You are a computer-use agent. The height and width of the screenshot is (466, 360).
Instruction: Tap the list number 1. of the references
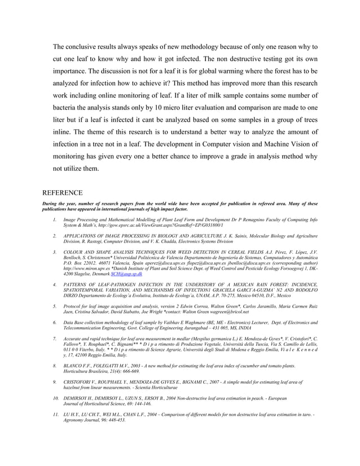54,219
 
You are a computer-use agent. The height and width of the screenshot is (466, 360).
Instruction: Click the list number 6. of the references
54,322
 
